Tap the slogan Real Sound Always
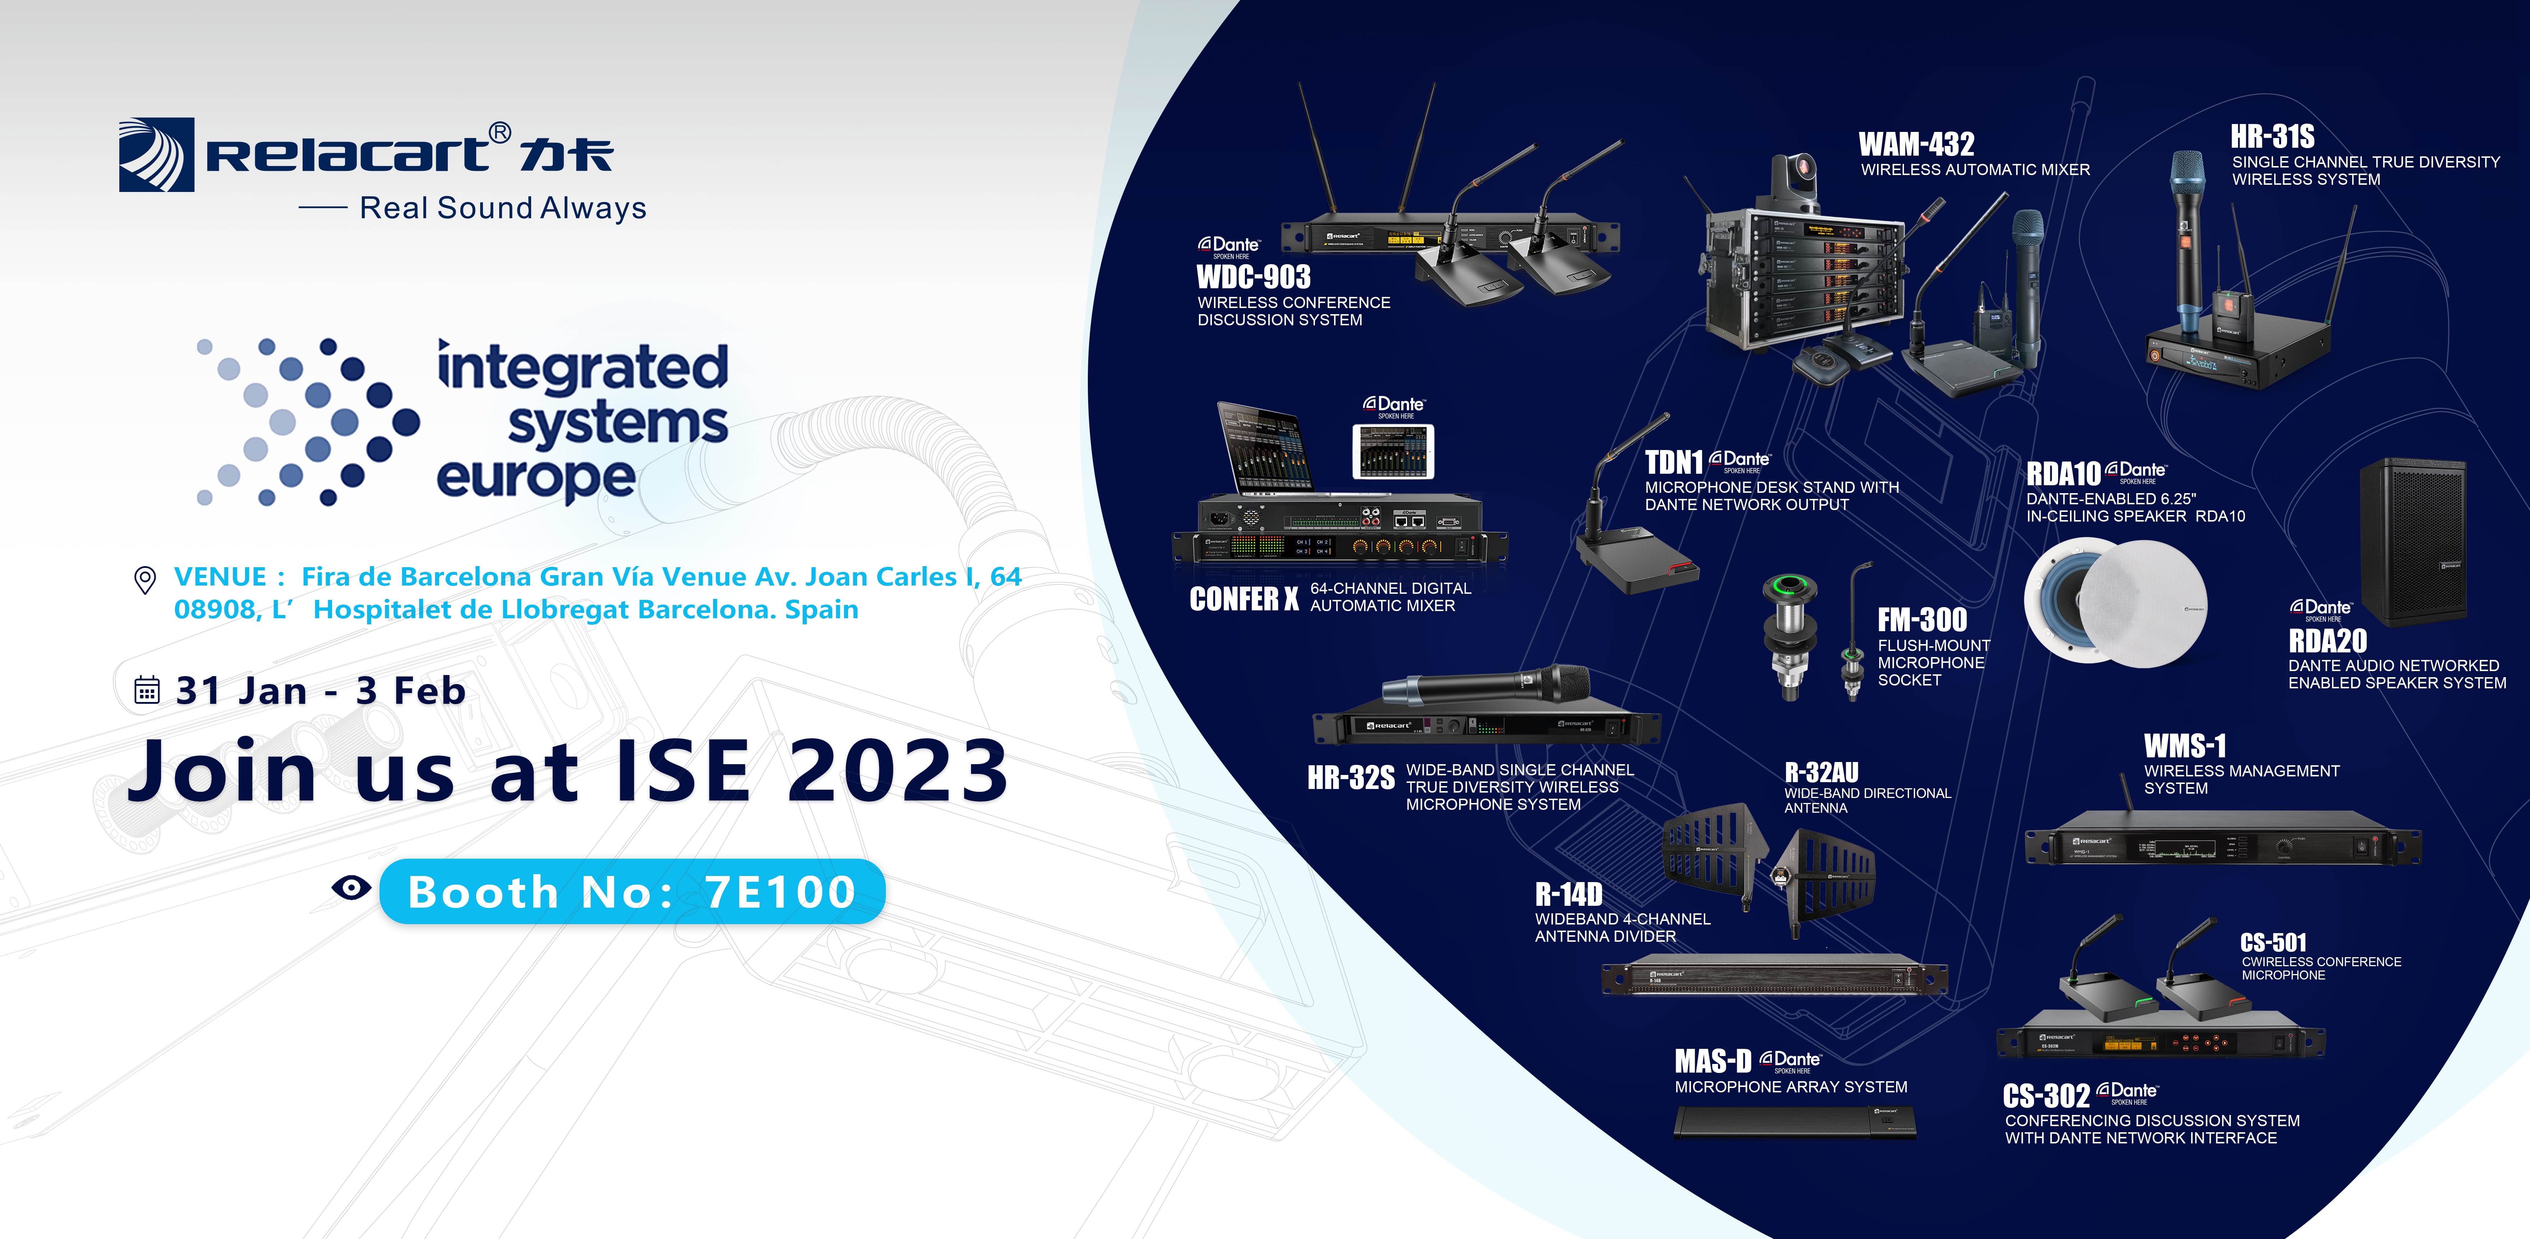(503, 208)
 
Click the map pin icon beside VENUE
(144, 580)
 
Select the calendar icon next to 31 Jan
(146, 690)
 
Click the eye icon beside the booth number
(351, 888)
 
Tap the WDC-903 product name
(1253, 277)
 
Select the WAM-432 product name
(1916, 144)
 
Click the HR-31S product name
(2272, 137)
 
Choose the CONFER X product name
(1243, 598)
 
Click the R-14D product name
(1568, 894)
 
